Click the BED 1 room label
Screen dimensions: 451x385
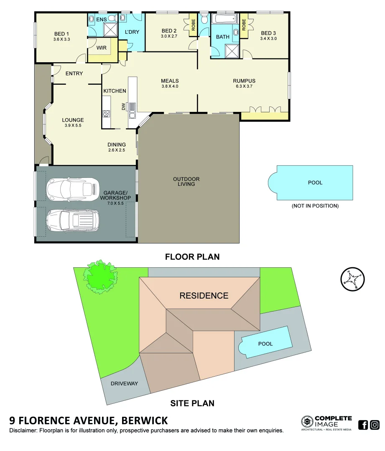click(x=61, y=34)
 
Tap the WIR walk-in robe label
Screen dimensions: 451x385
click(x=101, y=48)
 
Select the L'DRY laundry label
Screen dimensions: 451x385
click(x=132, y=32)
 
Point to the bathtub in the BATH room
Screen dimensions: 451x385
click(x=224, y=20)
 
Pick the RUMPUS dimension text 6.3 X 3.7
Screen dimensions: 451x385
click(x=244, y=86)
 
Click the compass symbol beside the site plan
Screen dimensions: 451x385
click(x=352, y=279)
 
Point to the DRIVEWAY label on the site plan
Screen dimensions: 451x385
click(x=124, y=384)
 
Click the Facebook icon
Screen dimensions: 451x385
click(x=363, y=425)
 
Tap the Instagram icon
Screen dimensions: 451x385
click(x=375, y=425)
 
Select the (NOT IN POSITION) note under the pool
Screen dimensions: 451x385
click(x=315, y=206)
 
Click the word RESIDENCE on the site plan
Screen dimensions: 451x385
click(x=204, y=296)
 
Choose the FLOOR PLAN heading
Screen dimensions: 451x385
click(x=192, y=256)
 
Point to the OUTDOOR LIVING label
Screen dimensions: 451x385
click(x=186, y=181)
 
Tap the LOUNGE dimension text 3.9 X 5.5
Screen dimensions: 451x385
click(x=74, y=125)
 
